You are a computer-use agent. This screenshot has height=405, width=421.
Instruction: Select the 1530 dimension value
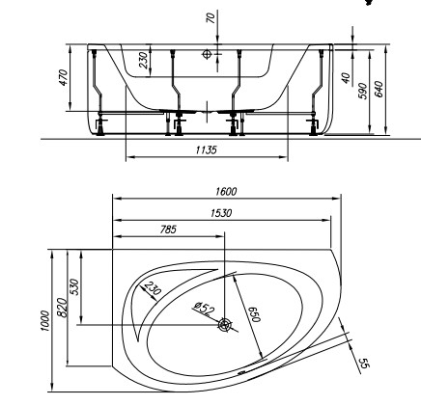(223, 211)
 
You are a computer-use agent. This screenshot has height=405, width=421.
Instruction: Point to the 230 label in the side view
(143, 61)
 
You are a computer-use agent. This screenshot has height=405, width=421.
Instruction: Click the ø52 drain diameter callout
(204, 310)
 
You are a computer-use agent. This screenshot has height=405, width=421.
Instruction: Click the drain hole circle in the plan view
(224, 325)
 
